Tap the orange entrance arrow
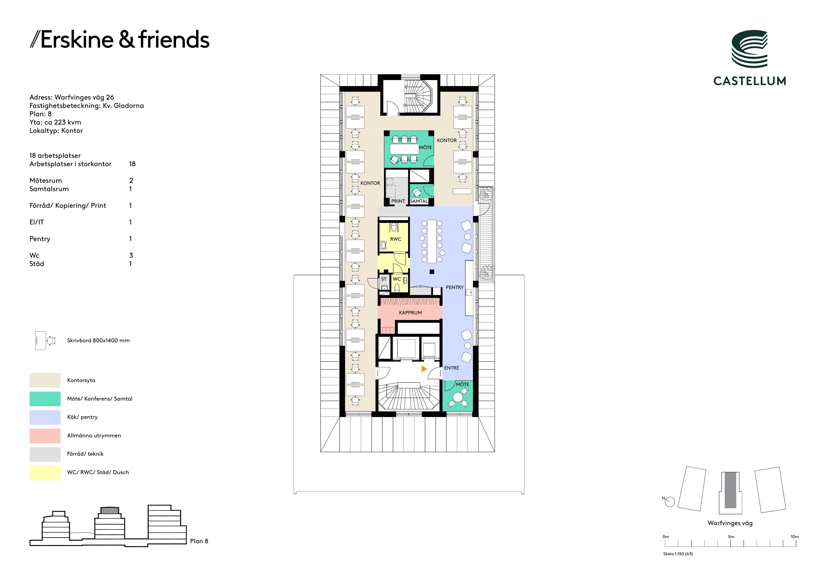(424, 369)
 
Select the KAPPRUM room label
(410, 312)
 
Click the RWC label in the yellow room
(396, 239)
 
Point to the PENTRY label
(454, 287)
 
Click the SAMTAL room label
(419, 201)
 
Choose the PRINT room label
(398, 201)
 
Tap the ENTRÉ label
(452, 368)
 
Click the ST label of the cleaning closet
(384, 279)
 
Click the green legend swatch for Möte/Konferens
(45, 399)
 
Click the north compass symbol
(670, 502)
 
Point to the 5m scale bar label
(731, 537)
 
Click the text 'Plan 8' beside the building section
(199, 541)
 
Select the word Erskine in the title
(77, 40)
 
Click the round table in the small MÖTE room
(458, 397)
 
